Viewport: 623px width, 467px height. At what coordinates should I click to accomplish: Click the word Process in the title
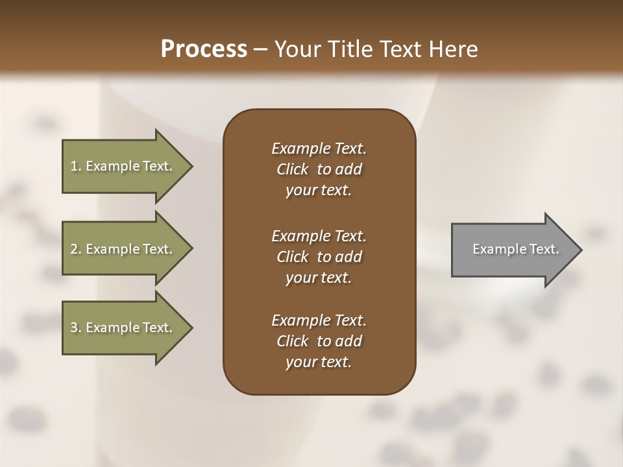[x=204, y=49]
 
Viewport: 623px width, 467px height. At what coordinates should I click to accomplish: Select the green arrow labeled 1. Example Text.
[x=123, y=166]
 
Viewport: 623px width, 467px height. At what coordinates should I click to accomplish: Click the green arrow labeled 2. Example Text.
[x=123, y=249]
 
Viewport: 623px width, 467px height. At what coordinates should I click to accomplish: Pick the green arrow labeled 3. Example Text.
[x=123, y=328]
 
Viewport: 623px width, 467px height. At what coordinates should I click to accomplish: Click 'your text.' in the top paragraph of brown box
[x=319, y=191]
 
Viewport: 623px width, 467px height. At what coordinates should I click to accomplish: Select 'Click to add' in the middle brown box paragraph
[x=319, y=257]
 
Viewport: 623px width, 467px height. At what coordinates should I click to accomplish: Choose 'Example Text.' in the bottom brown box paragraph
[x=319, y=320]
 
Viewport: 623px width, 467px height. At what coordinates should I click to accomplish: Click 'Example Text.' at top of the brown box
[x=319, y=149]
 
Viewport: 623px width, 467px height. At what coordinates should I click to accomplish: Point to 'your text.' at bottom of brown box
[x=319, y=363]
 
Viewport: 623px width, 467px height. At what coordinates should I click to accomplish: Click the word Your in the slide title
[x=295, y=49]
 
